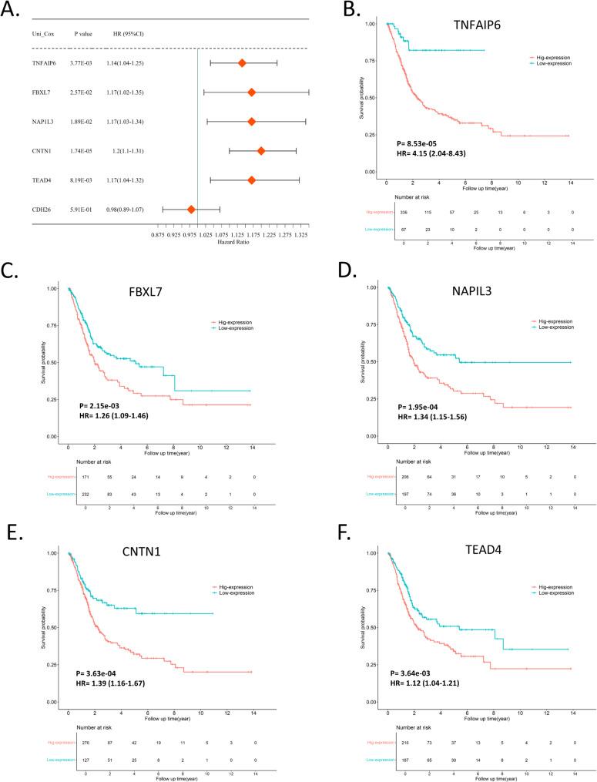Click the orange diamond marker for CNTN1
point(261,150)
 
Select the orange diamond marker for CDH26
point(191,209)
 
